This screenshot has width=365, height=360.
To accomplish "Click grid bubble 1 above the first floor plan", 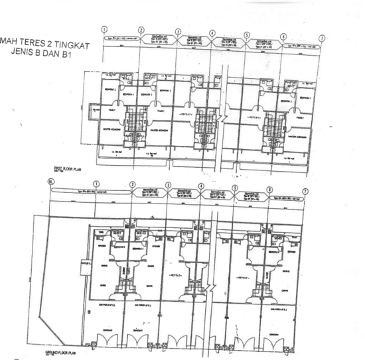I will click(105, 29).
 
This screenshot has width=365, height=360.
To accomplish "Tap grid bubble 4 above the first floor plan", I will click(212, 33).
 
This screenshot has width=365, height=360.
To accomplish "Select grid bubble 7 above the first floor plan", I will click(321, 38).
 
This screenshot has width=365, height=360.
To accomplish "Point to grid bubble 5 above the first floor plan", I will click(247, 35).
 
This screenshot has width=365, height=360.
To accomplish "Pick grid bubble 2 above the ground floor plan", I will click(132, 184).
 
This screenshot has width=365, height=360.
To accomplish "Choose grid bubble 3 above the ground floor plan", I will click(168, 186).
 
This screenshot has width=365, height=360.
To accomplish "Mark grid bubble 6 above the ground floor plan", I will click(270, 189).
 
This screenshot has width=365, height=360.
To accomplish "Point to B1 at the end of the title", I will click(64, 55).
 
